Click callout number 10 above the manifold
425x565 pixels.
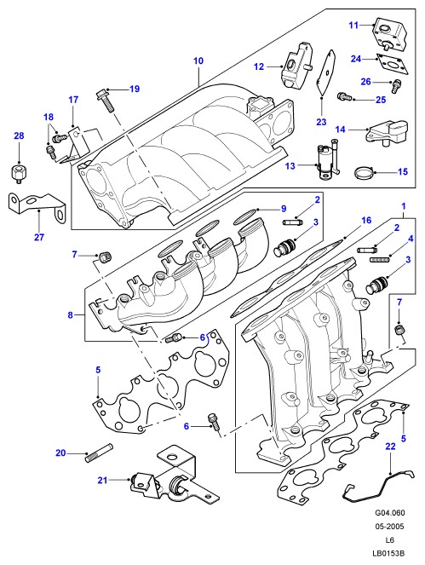point(198,61)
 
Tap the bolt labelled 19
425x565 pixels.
point(105,100)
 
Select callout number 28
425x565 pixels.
point(19,135)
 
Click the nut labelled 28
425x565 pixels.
point(18,172)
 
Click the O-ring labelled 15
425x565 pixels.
point(364,173)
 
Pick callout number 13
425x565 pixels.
point(290,166)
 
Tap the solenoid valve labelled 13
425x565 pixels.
point(327,160)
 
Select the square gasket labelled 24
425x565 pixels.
point(393,65)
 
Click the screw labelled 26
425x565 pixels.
point(397,86)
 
